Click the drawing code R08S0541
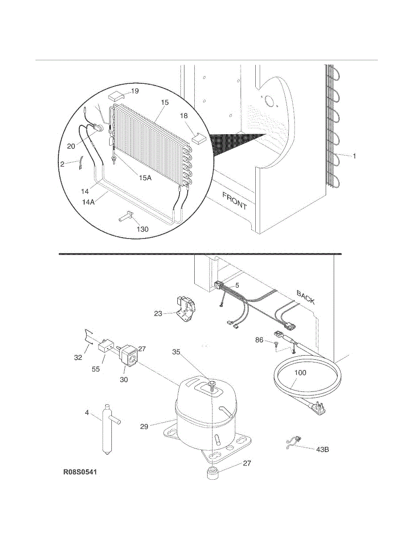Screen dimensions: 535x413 (x=80, y=471)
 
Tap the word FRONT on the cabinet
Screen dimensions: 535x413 (x=234, y=201)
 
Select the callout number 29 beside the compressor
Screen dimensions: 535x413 (x=144, y=427)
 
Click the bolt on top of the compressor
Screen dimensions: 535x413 (x=212, y=384)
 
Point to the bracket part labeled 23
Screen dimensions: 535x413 (x=186, y=308)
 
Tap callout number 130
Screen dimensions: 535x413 (x=143, y=229)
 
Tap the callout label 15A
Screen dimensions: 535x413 (x=145, y=178)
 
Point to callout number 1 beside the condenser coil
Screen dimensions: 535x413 (x=355, y=156)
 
